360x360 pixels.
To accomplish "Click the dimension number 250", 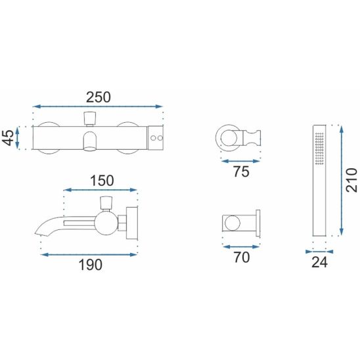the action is [x=99, y=97].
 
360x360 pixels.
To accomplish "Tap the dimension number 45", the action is [x=9, y=137].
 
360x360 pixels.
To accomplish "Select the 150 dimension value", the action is [x=102, y=181].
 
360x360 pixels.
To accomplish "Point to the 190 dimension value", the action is [x=91, y=265].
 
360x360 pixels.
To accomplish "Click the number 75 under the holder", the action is [x=241, y=171].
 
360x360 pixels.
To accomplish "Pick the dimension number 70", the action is [x=242, y=258].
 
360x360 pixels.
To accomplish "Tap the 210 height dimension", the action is [x=351, y=180].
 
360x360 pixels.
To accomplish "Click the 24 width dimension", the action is [x=319, y=262].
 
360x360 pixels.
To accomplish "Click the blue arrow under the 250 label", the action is [x=98, y=106].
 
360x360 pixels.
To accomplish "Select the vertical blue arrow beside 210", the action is [x=342, y=181].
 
